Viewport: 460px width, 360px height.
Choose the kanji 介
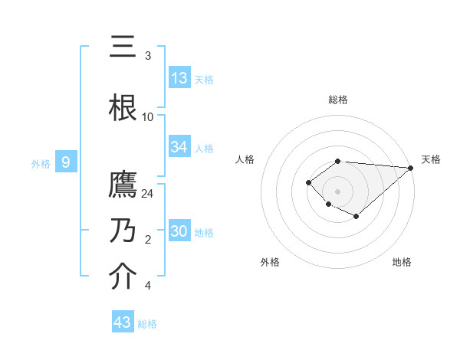pos(123,277)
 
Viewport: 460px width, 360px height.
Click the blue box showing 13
pos(179,78)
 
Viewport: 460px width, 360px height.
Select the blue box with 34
pos(179,147)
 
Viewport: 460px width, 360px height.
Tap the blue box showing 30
pos(179,231)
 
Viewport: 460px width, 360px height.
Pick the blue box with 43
pos(123,322)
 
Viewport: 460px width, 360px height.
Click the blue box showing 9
pos(66,162)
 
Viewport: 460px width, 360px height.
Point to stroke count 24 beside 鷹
pos(148,194)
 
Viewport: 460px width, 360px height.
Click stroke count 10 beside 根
pos(148,117)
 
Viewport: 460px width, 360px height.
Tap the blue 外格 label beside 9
pos(40,163)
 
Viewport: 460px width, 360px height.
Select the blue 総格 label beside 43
pos(148,324)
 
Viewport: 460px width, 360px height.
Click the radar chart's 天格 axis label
pos(431,159)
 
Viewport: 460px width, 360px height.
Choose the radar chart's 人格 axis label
pos(245,159)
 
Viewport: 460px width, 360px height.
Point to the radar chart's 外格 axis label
pos(270,262)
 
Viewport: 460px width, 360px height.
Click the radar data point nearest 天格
pos(411,168)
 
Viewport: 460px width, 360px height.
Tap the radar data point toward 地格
pos(356,218)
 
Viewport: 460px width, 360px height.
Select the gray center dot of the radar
pos(337,191)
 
